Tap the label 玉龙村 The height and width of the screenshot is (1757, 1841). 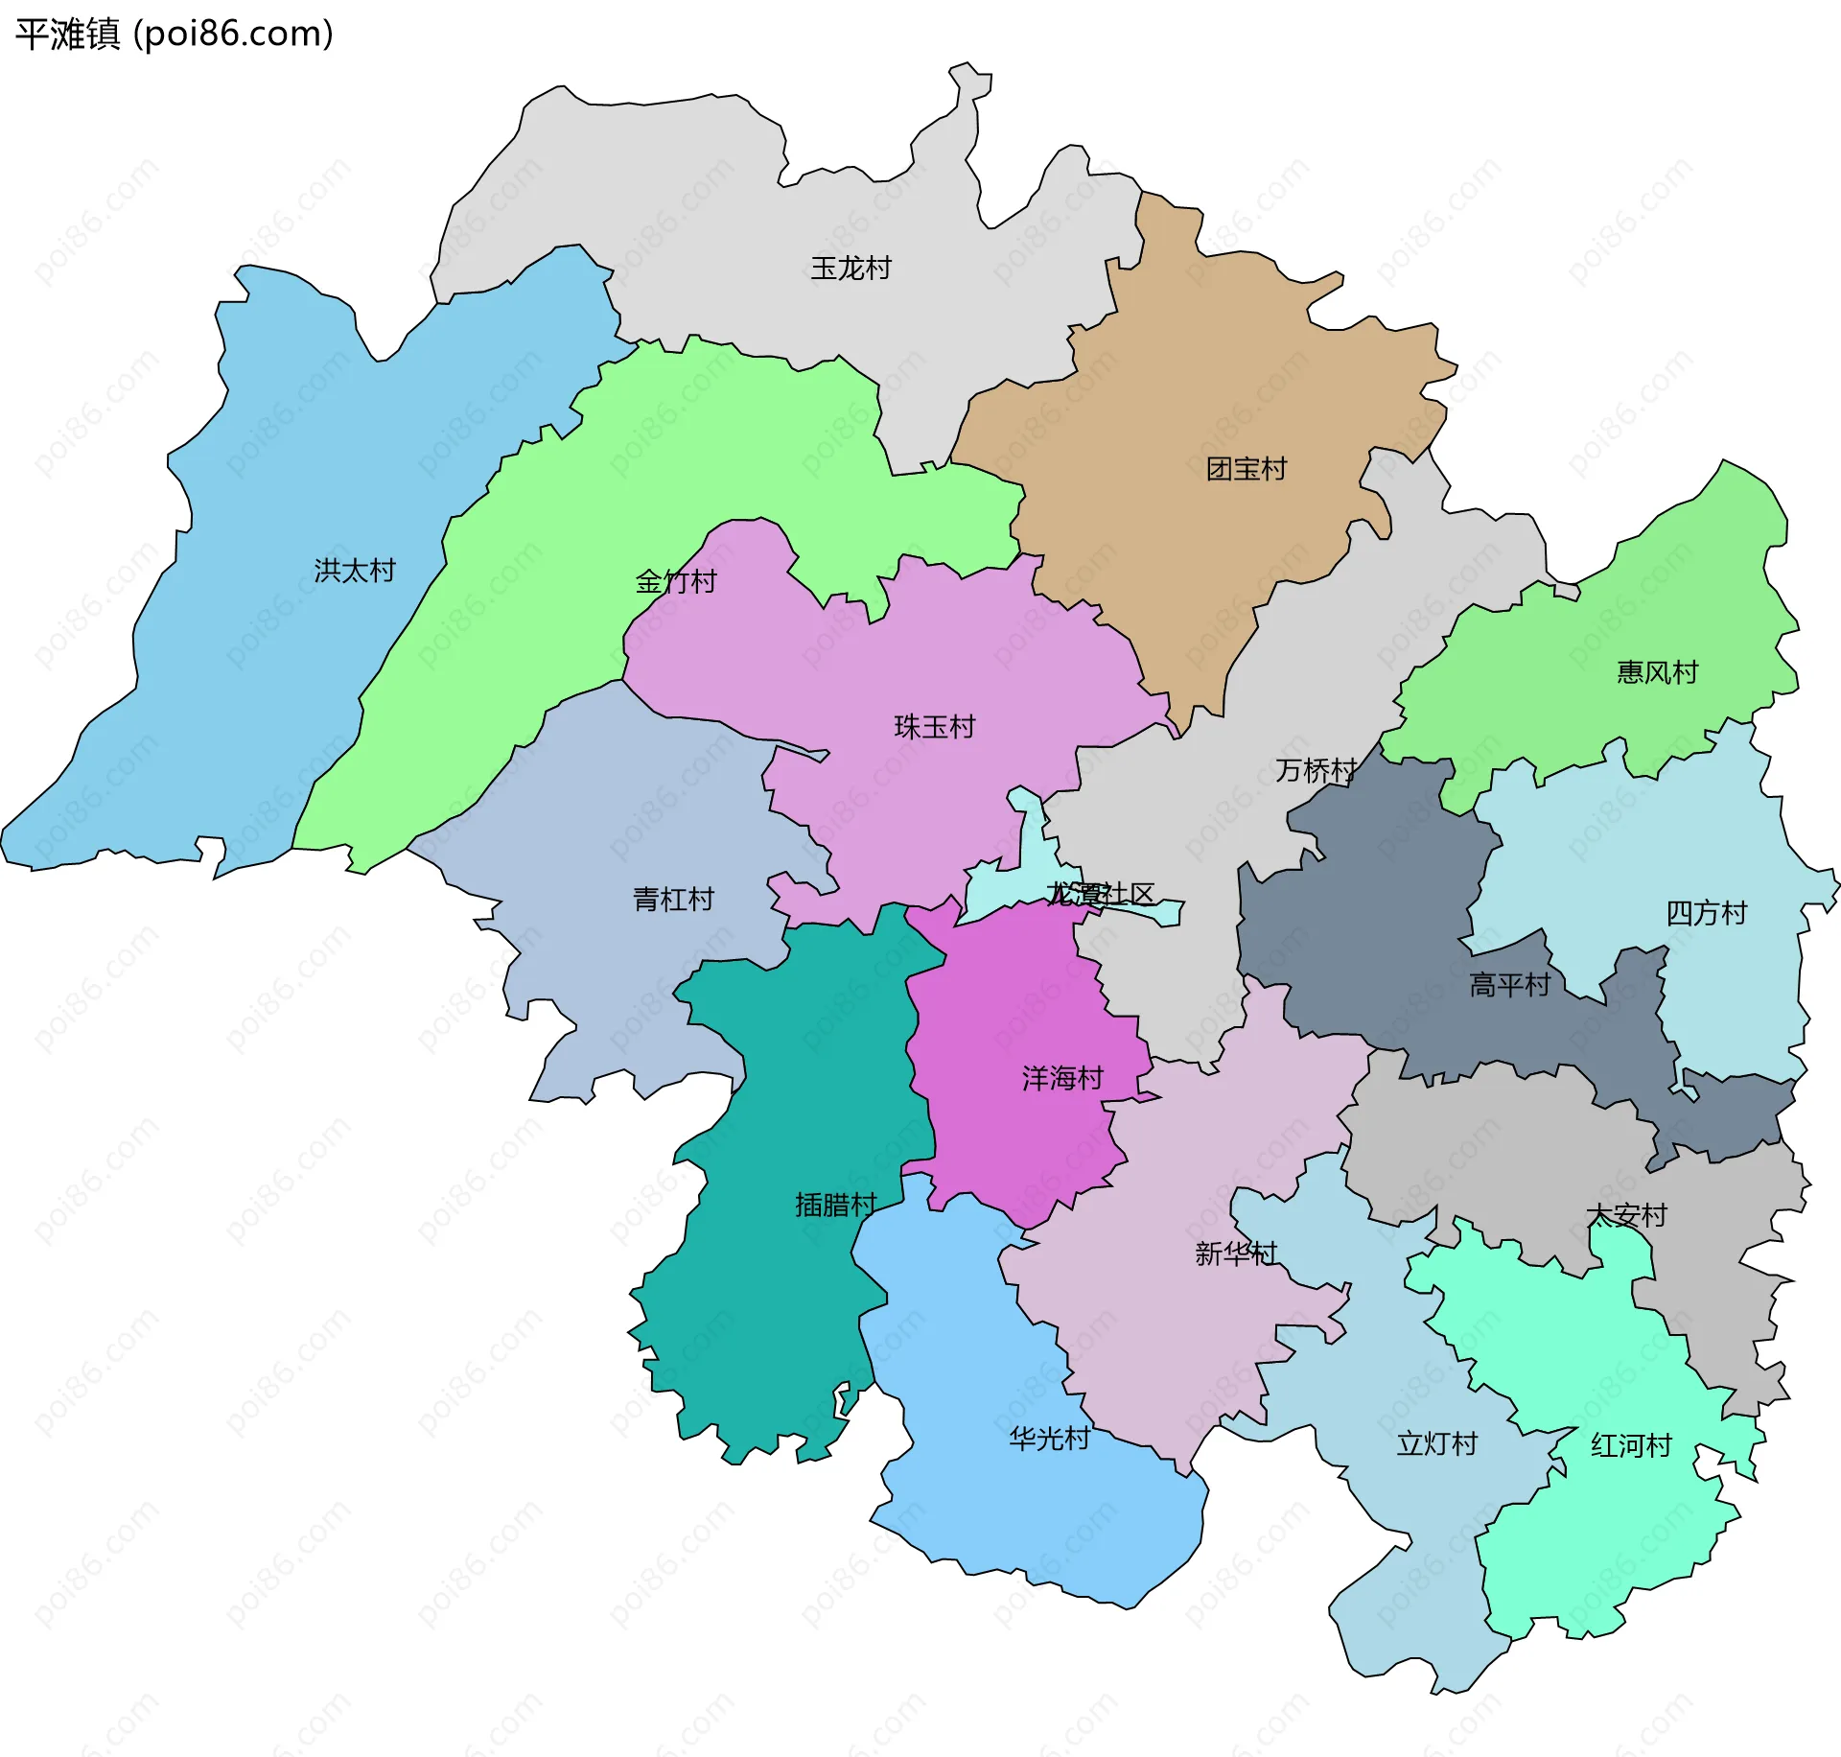[851, 268]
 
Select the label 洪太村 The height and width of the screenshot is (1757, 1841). [355, 571]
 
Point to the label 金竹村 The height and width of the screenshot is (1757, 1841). [676, 581]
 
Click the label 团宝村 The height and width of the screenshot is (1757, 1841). [1246, 469]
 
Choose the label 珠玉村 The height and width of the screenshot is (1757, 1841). [934, 727]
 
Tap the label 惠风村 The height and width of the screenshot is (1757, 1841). [1657, 672]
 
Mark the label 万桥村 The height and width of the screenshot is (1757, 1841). [1315, 770]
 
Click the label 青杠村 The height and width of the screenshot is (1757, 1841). [673, 900]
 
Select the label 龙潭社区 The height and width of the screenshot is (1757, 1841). [1100, 894]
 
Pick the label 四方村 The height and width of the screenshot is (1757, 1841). [1706, 913]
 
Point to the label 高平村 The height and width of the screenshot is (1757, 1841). [1509, 985]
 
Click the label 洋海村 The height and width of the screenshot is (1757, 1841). [1062, 1079]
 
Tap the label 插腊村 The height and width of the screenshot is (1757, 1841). [835, 1205]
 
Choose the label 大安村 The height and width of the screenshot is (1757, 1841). [1627, 1216]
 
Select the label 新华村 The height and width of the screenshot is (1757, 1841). [1236, 1253]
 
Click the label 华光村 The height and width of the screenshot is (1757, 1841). [1049, 1439]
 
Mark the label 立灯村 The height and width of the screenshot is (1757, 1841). [1436, 1443]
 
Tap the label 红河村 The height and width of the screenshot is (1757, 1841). [1631, 1445]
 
